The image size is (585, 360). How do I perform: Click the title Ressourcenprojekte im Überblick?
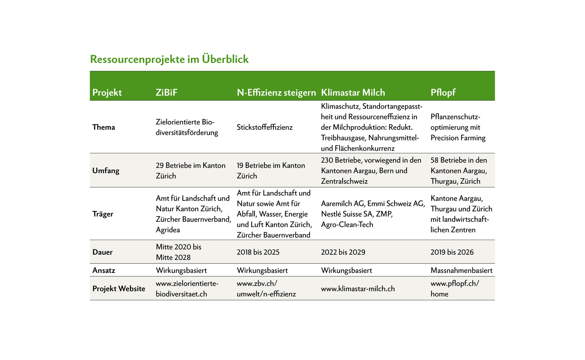169,59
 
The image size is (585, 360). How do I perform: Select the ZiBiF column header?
166,93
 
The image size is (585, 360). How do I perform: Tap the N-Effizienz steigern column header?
276,93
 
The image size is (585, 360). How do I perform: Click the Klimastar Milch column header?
353,93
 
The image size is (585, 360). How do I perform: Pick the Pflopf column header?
443,93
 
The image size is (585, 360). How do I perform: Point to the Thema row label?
103,127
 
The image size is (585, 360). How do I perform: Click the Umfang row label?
106,171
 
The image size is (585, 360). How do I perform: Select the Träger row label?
103,214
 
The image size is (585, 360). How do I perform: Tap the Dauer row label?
102,252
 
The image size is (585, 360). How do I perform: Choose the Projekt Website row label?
118,289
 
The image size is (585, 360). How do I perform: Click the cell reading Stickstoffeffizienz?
265,127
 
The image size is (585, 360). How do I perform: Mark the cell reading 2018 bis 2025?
258,252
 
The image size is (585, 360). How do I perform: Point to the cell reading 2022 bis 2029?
343,252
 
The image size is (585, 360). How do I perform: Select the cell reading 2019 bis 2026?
452,252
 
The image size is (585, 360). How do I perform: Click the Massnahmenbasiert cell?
461,271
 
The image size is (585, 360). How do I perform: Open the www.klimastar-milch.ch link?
358,289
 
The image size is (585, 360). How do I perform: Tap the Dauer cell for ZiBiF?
178,252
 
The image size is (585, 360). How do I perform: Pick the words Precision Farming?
458,138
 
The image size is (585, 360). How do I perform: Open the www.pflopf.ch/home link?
454,289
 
